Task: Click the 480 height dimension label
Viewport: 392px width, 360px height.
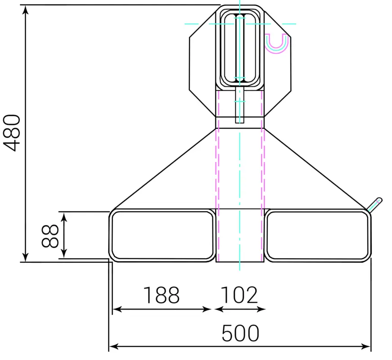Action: coord(12,133)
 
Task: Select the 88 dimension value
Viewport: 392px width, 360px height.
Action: coord(50,236)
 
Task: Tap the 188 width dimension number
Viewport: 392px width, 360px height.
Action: coord(161,295)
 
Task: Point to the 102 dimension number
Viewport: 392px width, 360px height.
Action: coord(239,295)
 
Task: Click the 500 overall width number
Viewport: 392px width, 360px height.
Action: coord(241,333)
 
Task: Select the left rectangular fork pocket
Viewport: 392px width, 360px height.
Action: coord(162,235)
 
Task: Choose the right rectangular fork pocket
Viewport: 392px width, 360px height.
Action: coord(318,235)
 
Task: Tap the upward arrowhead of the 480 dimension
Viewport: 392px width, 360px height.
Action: coord(25,9)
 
